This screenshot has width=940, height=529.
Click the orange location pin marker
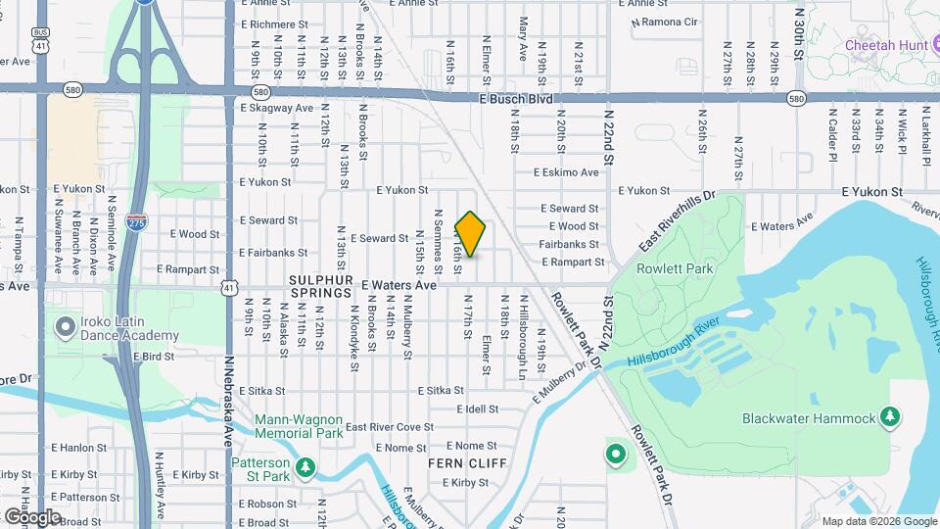(470, 234)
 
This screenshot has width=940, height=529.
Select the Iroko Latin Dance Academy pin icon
(66, 326)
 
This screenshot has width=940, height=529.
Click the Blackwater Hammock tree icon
(889, 417)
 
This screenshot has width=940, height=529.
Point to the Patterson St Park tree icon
(305, 468)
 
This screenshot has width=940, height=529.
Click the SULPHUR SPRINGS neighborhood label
(320, 292)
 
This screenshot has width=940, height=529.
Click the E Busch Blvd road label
(516, 99)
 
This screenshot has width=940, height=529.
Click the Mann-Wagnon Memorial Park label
(299, 425)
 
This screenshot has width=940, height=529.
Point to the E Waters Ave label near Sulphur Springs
(399, 285)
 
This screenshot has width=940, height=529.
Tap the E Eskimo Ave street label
(565, 172)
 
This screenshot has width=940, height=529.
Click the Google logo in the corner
(32, 516)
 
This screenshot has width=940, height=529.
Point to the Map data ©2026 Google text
(878, 521)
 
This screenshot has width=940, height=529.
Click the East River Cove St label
(389, 426)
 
